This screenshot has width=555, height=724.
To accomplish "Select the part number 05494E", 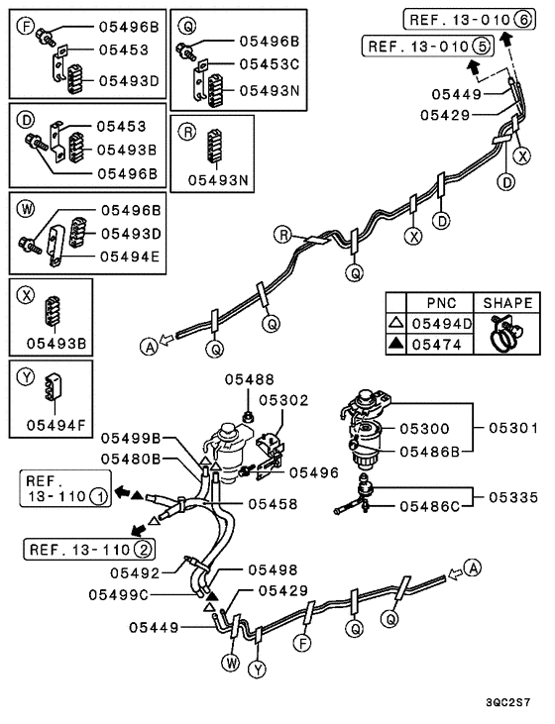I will pyautogui.click(x=128, y=255).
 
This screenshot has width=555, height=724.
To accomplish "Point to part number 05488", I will pyautogui.click(x=242, y=379).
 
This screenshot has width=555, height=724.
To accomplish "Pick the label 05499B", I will pyautogui.click(x=136, y=439).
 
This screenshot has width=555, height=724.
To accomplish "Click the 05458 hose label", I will pyautogui.click(x=274, y=504).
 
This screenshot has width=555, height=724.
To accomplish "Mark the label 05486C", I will pyautogui.click(x=428, y=506).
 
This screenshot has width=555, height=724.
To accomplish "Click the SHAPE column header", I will pyautogui.click(x=506, y=302).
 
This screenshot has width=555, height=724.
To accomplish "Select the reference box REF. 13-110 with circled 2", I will pyautogui.click(x=89, y=550).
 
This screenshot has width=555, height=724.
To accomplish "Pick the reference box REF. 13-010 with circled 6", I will pyautogui.click(x=466, y=19).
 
